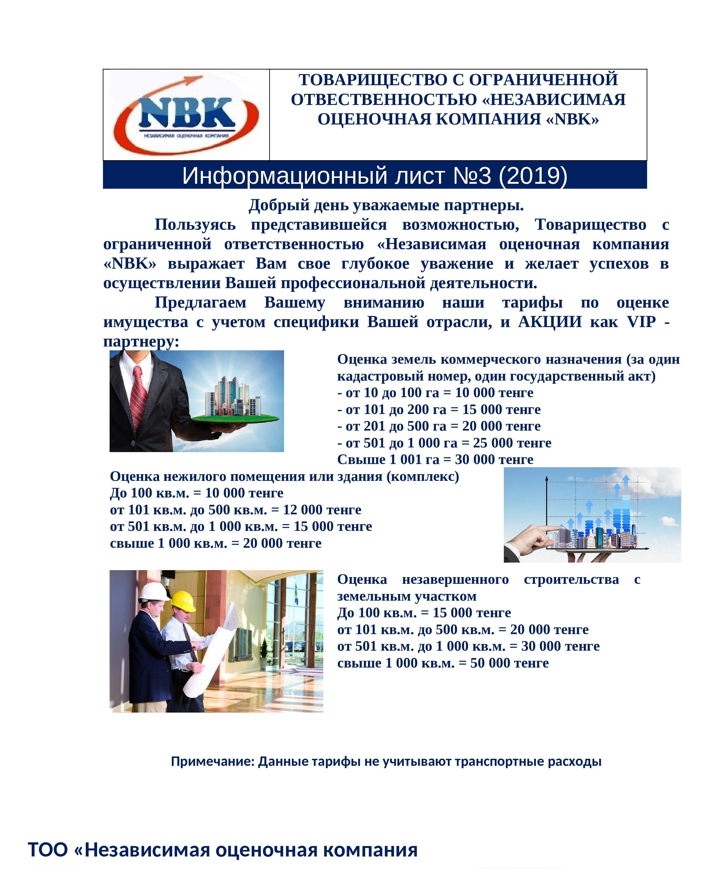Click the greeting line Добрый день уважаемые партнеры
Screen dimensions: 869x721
click(386, 205)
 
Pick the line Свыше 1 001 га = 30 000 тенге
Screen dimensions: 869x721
click(435, 460)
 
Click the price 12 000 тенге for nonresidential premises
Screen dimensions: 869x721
click(322, 510)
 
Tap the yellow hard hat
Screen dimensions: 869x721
click(183, 600)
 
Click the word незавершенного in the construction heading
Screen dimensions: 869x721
click(455, 580)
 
